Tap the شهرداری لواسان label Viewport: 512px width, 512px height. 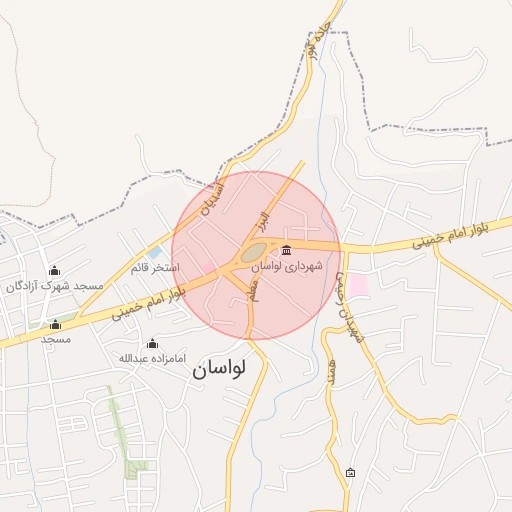288,267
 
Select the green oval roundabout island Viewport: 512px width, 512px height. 254,253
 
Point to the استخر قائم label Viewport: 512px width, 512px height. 155,268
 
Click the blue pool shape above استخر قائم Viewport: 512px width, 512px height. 156,252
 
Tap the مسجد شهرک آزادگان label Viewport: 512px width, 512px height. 54,286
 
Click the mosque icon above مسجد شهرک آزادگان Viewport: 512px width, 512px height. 54,270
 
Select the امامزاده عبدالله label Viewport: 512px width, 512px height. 152,358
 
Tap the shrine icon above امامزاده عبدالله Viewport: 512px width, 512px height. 152,343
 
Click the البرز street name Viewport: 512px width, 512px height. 262,219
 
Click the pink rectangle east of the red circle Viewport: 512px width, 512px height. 357,285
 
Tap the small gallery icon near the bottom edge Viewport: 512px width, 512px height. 350,472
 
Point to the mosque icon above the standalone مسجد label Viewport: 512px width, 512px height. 55,324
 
